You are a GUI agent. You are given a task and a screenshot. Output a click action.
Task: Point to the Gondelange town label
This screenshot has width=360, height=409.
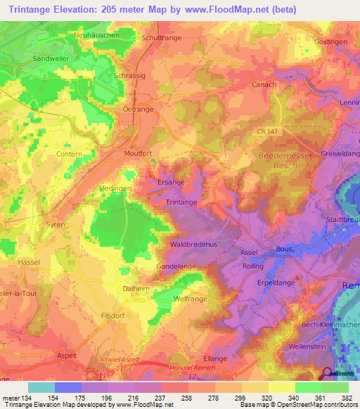point(175,266)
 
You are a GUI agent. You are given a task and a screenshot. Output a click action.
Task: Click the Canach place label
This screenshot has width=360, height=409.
point(264,84)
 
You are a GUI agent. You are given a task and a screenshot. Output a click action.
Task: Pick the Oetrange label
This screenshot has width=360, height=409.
point(137,109)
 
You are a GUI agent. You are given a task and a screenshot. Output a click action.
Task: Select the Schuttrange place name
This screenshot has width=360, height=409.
point(162,38)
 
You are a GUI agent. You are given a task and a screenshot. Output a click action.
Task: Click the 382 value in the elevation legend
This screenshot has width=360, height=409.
point(346,398)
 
